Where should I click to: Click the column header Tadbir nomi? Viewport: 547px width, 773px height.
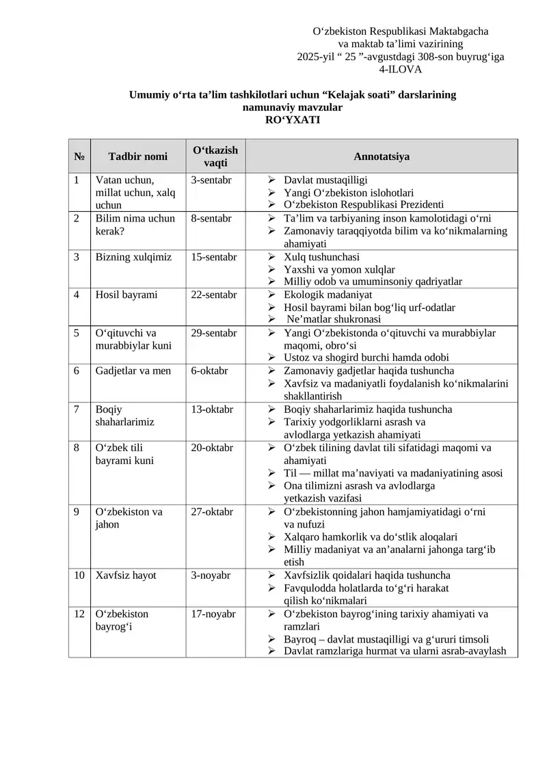(x=137, y=157)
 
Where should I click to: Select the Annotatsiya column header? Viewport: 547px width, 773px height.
(x=382, y=157)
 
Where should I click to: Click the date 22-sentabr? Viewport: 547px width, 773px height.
(x=214, y=295)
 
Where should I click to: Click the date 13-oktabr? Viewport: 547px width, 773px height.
(x=212, y=409)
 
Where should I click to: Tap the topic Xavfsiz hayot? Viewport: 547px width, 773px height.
(x=126, y=575)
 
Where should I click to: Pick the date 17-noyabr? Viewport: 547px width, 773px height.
(x=213, y=614)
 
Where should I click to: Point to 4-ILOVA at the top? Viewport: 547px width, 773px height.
(x=400, y=69)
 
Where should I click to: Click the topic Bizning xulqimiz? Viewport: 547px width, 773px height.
(x=133, y=257)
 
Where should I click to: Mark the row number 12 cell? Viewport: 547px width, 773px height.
(x=79, y=614)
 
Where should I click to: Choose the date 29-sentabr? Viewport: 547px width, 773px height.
(x=214, y=334)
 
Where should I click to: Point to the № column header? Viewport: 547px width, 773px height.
(x=79, y=157)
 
